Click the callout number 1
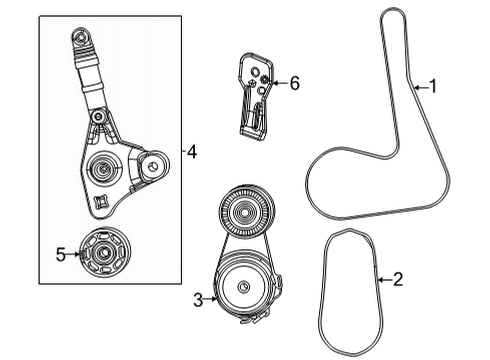[x=433, y=87]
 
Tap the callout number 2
[x=397, y=280]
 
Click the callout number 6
[x=294, y=83]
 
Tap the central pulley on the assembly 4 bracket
[x=101, y=167]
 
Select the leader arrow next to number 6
[x=278, y=83]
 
